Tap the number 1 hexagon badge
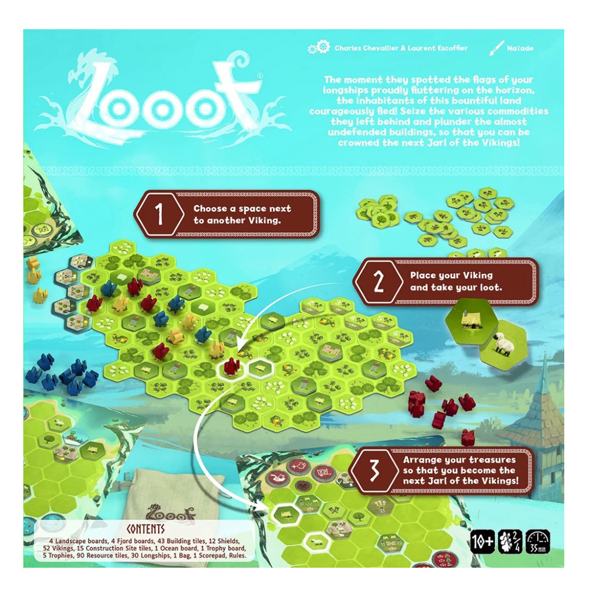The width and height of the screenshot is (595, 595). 159,215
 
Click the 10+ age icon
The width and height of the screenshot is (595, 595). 482,541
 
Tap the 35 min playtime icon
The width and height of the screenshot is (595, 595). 537,541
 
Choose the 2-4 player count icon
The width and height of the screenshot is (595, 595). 510,541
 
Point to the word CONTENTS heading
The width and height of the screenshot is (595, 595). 145,529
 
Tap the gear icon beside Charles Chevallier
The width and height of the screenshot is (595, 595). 319,48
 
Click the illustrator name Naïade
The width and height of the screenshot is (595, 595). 520,48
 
